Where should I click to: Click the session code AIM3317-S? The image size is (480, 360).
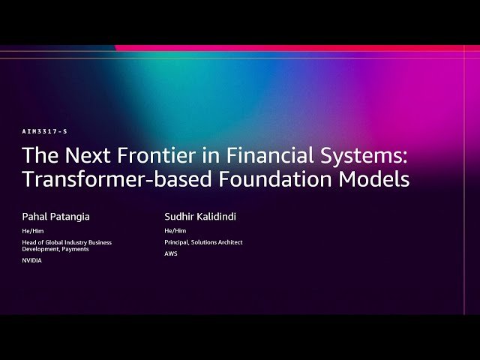pyautogui.click(x=45, y=131)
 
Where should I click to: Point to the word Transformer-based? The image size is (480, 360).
pyautogui.click(x=103, y=180)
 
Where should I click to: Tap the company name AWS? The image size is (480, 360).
pyautogui.click(x=171, y=253)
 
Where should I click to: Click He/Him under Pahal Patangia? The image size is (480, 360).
pyautogui.click(x=32, y=231)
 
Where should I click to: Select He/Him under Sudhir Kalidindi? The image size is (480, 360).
pyautogui.click(x=175, y=231)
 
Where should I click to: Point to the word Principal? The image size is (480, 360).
pyautogui.click(x=177, y=242)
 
